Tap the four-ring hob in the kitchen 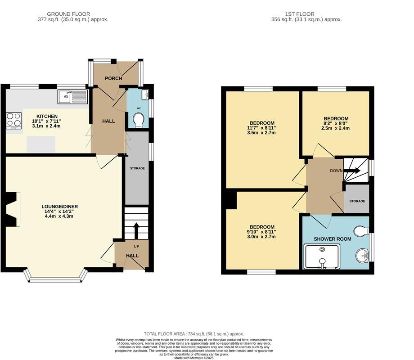click(x=13, y=120)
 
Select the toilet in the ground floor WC click(x=139, y=121)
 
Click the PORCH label click(x=113, y=78)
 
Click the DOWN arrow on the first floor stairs click(x=352, y=171)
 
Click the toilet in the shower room click(x=361, y=231)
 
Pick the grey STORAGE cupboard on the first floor click(x=356, y=201)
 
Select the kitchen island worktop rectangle click(x=41, y=144)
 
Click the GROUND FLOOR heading click(x=73, y=14)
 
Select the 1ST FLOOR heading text click(x=306, y=14)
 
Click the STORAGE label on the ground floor click(x=137, y=168)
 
